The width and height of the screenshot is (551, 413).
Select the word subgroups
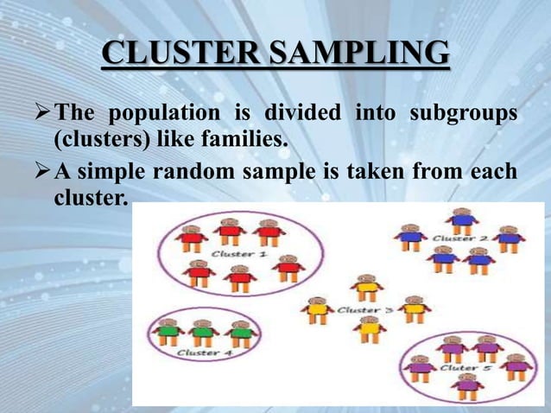(x=465, y=113)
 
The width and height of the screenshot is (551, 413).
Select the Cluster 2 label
(x=459, y=238)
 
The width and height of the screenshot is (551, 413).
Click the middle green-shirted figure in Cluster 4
(x=202, y=332)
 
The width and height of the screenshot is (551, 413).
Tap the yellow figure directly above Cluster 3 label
(x=367, y=288)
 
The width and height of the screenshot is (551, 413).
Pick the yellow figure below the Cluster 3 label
(x=370, y=328)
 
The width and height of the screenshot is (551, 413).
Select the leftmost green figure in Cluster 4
(x=167, y=332)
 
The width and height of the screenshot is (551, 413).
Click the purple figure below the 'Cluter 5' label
(x=467, y=385)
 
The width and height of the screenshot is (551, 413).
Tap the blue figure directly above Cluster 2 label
(x=463, y=219)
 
